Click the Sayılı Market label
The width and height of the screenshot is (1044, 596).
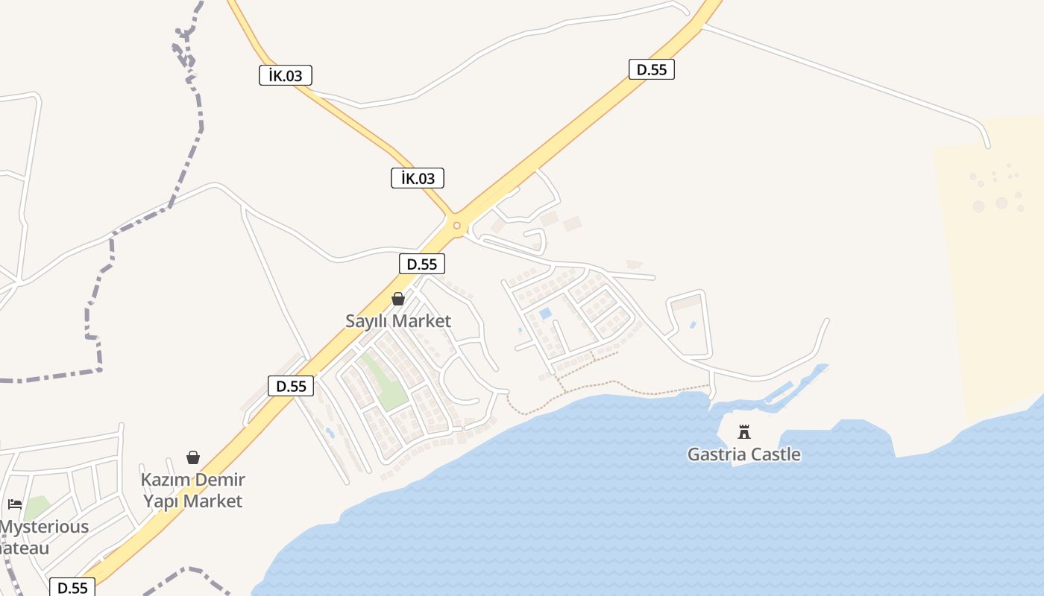pyautogui.click(x=398, y=321)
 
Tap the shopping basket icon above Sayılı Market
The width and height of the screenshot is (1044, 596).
pyautogui.click(x=398, y=299)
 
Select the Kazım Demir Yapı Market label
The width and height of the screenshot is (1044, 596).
pyautogui.click(x=193, y=490)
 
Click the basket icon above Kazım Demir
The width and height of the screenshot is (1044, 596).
pyautogui.click(x=193, y=457)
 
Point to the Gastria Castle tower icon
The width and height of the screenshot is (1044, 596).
pyautogui.click(x=744, y=431)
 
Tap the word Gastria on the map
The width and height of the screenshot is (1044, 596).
pyautogui.click(x=717, y=454)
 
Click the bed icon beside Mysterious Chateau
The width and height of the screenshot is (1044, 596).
pyautogui.click(x=15, y=504)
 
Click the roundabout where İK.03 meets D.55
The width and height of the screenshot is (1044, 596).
pyautogui.click(x=456, y=225)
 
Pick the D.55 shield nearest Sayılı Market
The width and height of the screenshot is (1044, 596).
pyautogui.click(x=422, y=264)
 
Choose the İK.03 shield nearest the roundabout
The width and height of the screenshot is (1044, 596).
pyautogui.click(x=418, y=178)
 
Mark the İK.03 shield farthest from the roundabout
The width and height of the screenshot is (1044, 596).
pyautogui.click(x=286, y=75)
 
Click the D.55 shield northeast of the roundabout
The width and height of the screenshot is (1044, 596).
pyautogui.click(x=651, y=70)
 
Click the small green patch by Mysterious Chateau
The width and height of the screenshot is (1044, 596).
pyautogui.click(x=37, y=508)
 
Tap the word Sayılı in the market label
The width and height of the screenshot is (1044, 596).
pyautogui.click(x=368, y=321)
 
